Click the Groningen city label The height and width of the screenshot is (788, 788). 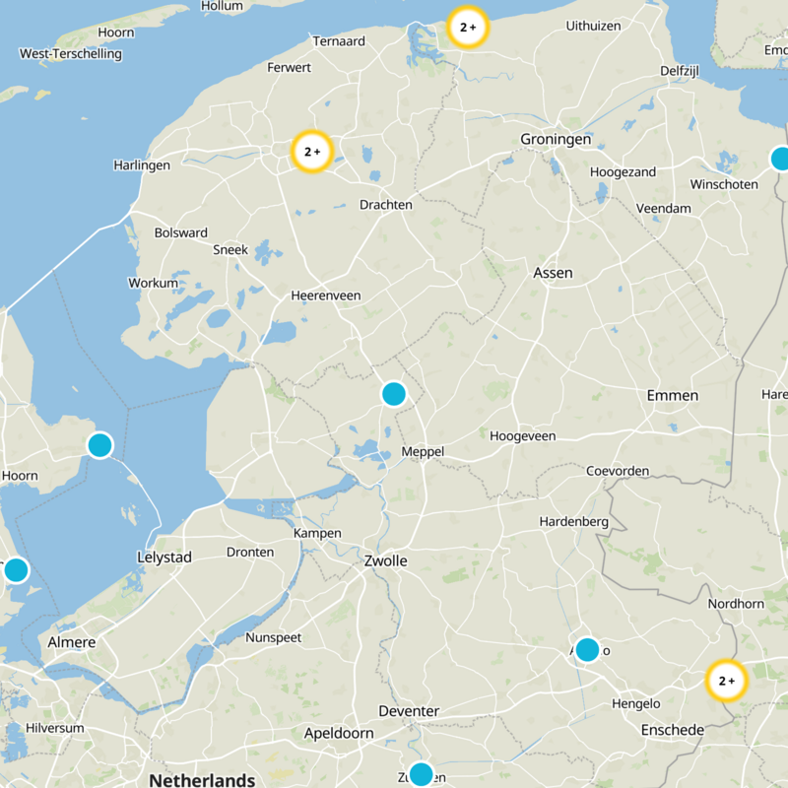[556, 140]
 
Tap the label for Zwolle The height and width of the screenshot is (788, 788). [385, 560]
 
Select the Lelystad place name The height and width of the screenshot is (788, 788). [164, 558]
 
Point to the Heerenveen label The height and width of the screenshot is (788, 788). [326, 295]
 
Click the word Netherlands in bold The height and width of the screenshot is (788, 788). [202, 780]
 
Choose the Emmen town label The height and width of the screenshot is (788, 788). [673, 395]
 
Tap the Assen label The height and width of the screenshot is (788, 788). [553, 273]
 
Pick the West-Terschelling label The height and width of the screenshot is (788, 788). [71, 54]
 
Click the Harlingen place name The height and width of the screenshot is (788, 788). [142, 165]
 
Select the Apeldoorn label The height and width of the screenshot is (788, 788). [339, 733]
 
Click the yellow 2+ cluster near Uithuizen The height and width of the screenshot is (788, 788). [468, 28]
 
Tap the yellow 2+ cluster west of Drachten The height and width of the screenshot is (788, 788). [313, 152]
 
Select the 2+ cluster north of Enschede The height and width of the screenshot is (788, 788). [727, 681]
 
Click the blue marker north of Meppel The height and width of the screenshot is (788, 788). [393, 394]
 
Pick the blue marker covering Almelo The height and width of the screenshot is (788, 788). [587, 649]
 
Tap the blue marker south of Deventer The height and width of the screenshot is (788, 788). [421, 773]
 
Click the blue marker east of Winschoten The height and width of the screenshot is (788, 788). [781, 159]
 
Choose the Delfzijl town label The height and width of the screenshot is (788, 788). [680, 71]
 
